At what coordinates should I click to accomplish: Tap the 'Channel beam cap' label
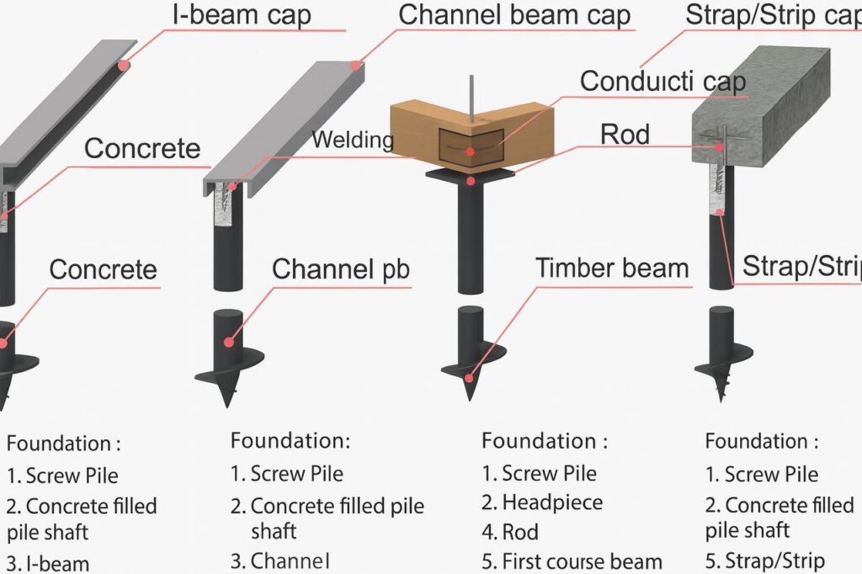514,15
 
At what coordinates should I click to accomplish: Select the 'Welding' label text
353,140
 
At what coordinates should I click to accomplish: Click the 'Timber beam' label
612,268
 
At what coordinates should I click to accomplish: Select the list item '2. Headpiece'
542,502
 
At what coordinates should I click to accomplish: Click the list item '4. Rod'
510,532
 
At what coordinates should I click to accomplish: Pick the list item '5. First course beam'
572,561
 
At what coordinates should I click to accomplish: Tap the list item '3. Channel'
280,561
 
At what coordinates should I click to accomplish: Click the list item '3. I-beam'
48,563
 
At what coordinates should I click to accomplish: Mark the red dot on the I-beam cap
123,65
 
